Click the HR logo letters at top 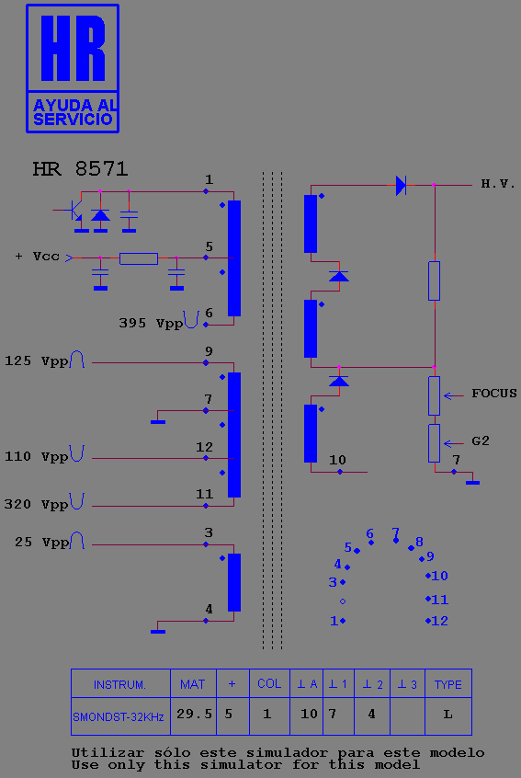pos(74,48)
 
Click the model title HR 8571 pos(80,169)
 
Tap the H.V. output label pos(498,184)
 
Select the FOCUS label pos(494,394)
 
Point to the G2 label pos(481,441)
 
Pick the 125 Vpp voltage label pos(37,361)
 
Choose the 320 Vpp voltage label pos(36,505)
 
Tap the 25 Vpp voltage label pos(41,543)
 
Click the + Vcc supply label pos(37,257)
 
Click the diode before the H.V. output pos(401,186)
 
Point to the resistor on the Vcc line pos(139,258)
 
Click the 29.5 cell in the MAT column pos(194,714)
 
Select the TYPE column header pos(448,685)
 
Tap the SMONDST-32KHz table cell pos(119,716)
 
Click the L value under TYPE pos(448,715)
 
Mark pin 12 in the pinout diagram pos(436,621)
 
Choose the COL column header pos(269,683)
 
